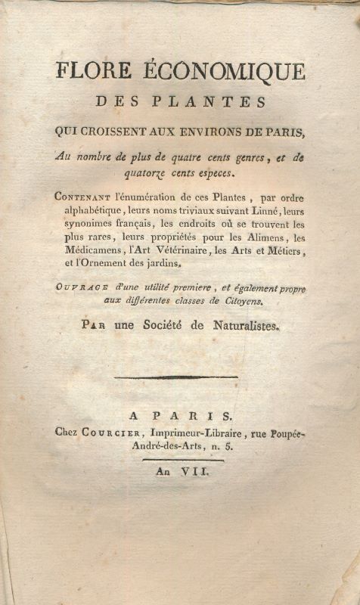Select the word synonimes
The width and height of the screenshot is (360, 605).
click(83, 225)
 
